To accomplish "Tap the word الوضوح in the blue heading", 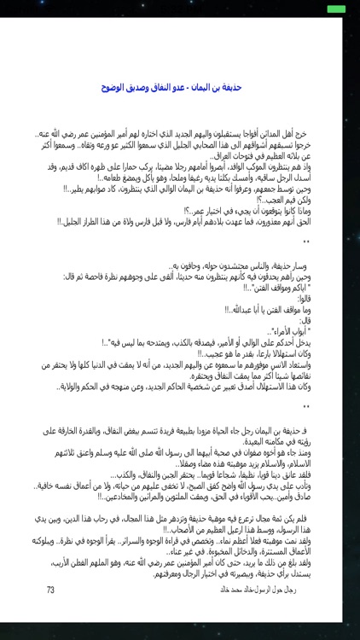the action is point(116,87).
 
